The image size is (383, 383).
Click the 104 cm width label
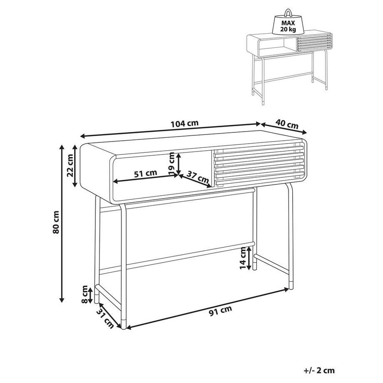(184, 123)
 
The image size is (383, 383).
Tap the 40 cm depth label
(287, 124)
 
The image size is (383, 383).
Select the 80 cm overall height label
(56, 222)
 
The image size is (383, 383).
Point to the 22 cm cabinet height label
(70, 165)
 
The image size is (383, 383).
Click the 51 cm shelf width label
(146, 173)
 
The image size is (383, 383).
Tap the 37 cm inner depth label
(198, 177)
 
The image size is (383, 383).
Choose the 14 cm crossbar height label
(243, 258)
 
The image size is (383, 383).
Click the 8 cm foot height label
(85, 294)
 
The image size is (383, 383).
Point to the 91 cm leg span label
(221, 311)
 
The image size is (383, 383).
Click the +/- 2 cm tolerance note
(319, 370)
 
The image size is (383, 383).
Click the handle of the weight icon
(288, 13)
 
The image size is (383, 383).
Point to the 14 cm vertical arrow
(249, 259)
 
